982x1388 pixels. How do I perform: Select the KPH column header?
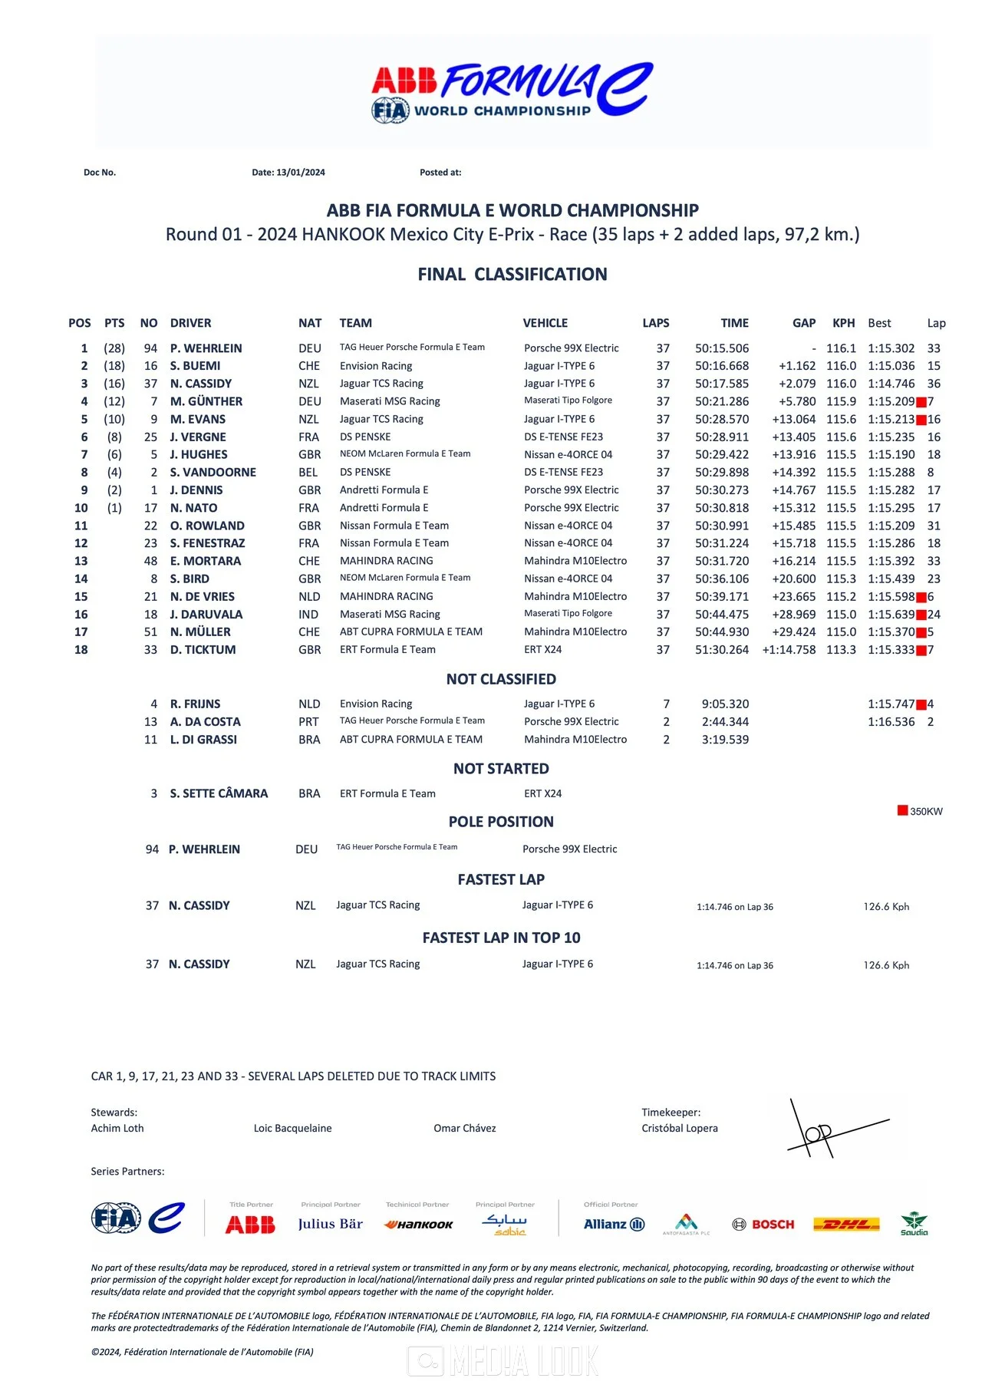pyautogui.click(x=843, y=323)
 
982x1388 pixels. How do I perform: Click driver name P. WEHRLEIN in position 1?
pyautogui.click(x=206, y=348)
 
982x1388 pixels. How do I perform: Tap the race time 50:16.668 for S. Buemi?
pyautogui.click(x=722, y=366)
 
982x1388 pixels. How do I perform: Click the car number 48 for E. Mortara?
pyautogui.click(x=150, y=561)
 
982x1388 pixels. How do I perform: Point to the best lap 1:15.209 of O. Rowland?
pyautogui.click(x=891, y=526)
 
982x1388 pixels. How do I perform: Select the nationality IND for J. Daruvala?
pyautogui.click(x=308, y=615)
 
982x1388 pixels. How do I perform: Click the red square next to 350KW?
pyautogui.click(x=903, y=810)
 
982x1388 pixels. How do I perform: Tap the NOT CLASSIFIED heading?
pyautogui.click(x=501, y=679)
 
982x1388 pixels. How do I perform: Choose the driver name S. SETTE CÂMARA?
pyautogui.click(x=219, y=793)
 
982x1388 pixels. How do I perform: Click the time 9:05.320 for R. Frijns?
pyautogui.click(x=725, y=704)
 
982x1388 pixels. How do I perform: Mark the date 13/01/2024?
pyautogui.click(x=301, y=173)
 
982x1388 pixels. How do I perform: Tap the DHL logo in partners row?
pyautogui.click(x=845, y=1224)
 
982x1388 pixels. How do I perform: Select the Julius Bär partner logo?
pyautogui.click(x=330, y=1224)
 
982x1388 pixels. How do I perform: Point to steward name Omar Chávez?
pyautogui.click(x=464, y=1128)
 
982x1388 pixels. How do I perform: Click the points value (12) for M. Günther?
pyautogui.click(x=114, y=401)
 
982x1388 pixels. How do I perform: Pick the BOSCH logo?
pyautogui.click(x=763, y=1224)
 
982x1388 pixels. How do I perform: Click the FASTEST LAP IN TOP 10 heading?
pyautogui.click(x=501, y=938)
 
